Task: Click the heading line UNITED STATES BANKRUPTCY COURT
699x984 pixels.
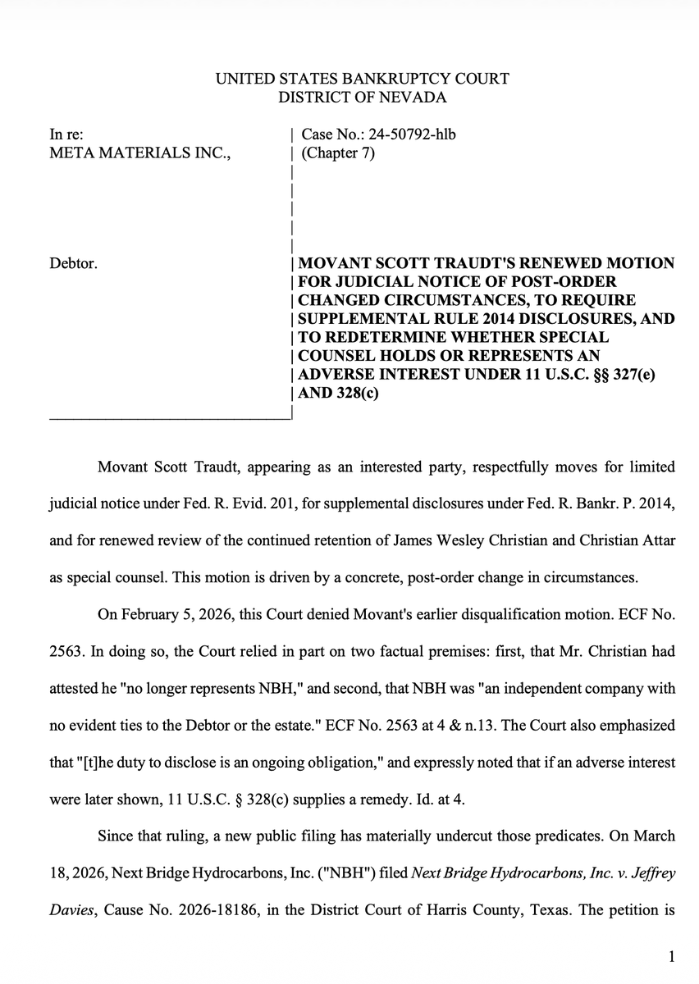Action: coord(362,80)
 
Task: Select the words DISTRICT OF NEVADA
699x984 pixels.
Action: coord(362,98)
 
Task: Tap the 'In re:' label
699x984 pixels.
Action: coord(66,134)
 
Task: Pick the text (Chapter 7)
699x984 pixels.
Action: coord(338,153)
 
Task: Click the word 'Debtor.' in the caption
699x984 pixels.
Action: coord(75,264)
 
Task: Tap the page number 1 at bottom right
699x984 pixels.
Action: coord(671,956)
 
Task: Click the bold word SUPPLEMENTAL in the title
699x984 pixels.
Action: coord(355,319)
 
